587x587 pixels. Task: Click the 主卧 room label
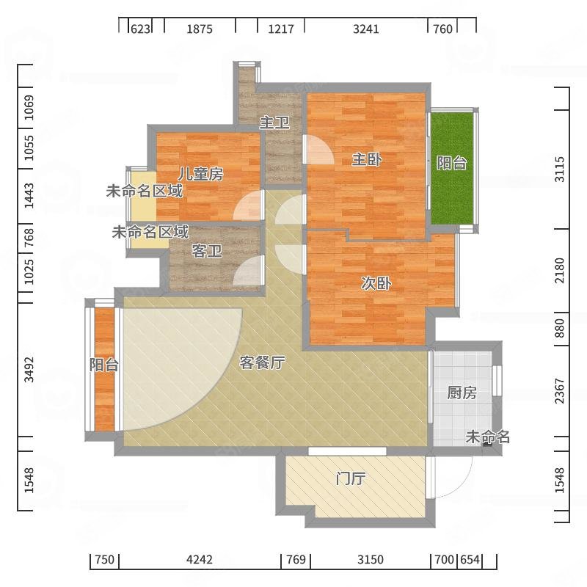tap(366, 160)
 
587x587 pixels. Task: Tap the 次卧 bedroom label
tap(376, 283)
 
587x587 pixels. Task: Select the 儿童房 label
tap(200, 174)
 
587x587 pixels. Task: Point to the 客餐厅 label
tap(262, 362)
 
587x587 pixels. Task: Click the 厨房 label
tap(462, 393)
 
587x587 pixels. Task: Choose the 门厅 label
tap(351, 478)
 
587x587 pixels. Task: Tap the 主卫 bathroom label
tap(274, 123)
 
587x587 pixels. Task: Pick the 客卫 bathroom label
tap(207, 251)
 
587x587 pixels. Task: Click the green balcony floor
tap(453, 169)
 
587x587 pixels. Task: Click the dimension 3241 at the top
tap(365, 29)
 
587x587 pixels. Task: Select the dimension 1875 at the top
tap(200, 29)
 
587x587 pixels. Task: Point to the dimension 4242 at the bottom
tap(200, 559)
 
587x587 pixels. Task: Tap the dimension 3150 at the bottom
tap(371, 559)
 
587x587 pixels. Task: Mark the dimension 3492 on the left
tap(29, 370)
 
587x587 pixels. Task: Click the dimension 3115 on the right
tap(559, 169)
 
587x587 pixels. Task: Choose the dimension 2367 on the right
tap(559, 391)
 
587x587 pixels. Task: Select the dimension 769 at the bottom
tap(296, 559)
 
